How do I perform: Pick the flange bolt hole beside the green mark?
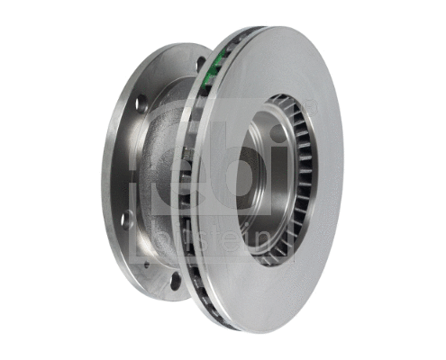(x=200, y=64)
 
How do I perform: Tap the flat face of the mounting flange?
(x=122, y=162)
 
